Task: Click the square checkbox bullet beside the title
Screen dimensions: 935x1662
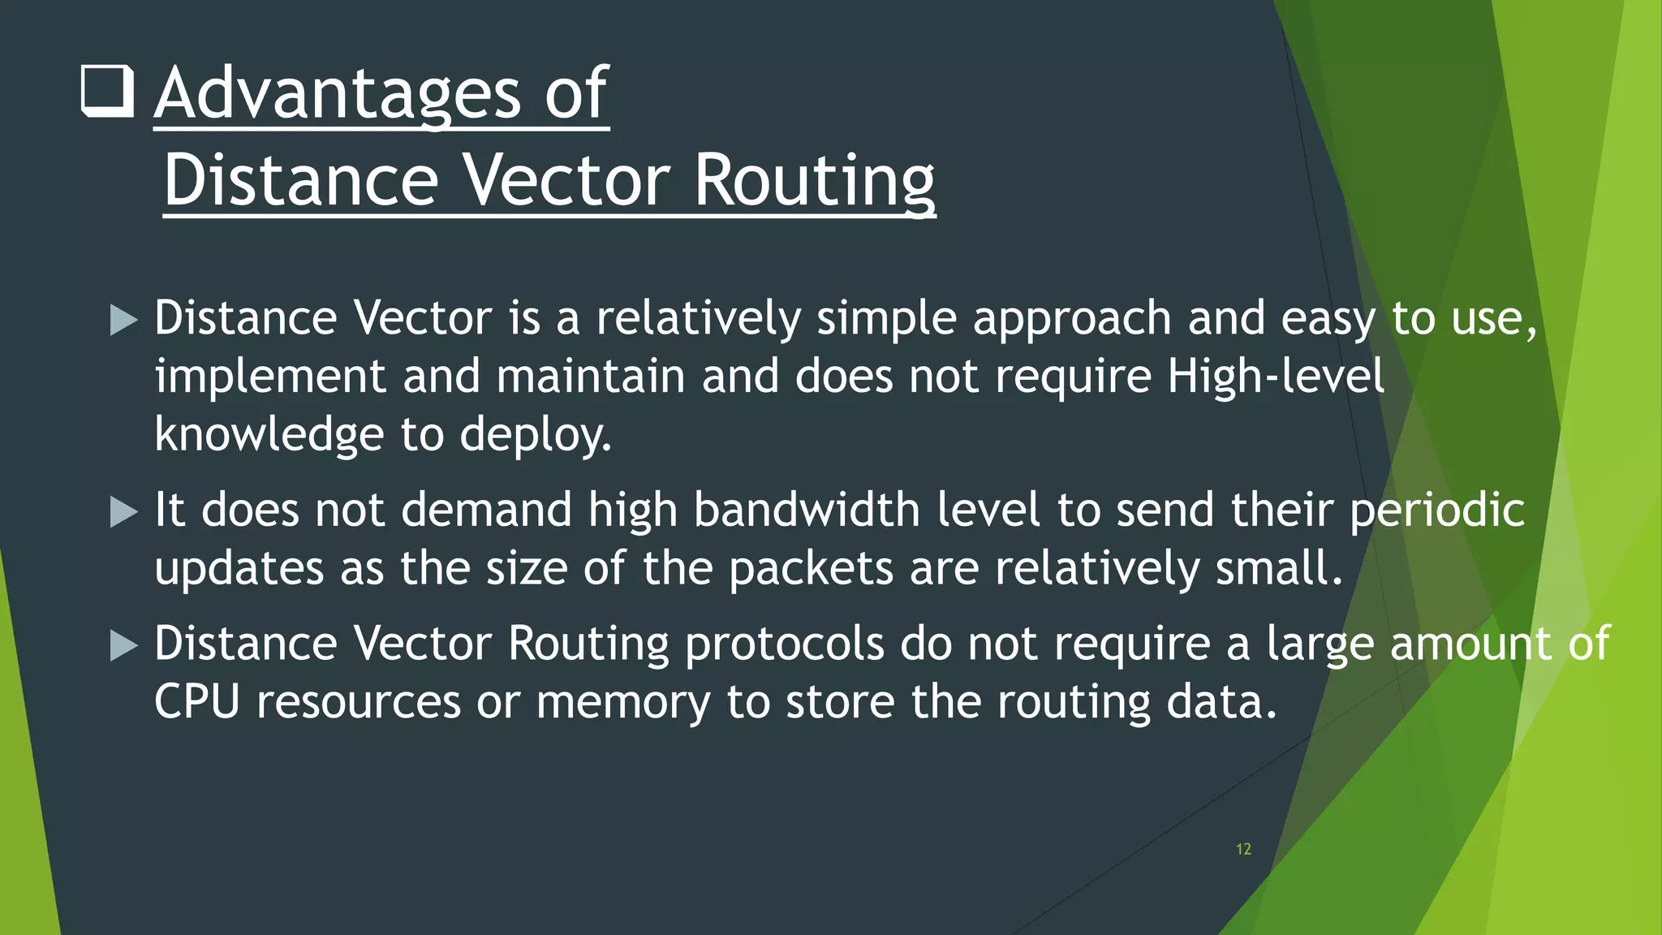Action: (x=107, y=93)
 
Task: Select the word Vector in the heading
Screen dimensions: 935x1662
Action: (x=566, y=180)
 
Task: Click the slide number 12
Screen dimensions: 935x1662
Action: (x=1243, y=849)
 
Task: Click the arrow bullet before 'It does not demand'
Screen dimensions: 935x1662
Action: (x=123, y=512)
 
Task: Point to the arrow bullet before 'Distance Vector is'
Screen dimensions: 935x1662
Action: (x=123, y=320)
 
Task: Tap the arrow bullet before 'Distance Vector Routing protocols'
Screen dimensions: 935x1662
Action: (x=123, y=646)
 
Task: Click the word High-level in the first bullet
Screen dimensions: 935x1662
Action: (x=1276, y=377)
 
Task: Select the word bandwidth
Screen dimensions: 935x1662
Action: (x=807, y=511)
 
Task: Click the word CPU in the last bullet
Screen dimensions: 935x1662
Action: (x=196, y=701)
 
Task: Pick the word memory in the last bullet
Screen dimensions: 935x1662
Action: (x=622, y=703)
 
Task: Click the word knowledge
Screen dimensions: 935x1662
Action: (x=269, y=435)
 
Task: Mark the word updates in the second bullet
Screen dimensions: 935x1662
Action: (x=239, y=569)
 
